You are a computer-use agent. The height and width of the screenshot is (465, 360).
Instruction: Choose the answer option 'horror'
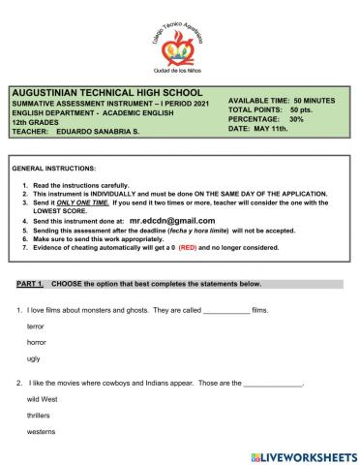[37, 344]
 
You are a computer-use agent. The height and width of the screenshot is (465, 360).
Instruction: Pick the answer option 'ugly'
[34, 358]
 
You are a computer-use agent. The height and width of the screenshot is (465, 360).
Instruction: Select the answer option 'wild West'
[44, 399]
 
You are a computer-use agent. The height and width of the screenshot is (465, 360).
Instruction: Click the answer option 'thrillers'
[41, 415]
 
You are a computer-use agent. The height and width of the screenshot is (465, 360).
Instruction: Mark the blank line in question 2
[273, 384]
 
